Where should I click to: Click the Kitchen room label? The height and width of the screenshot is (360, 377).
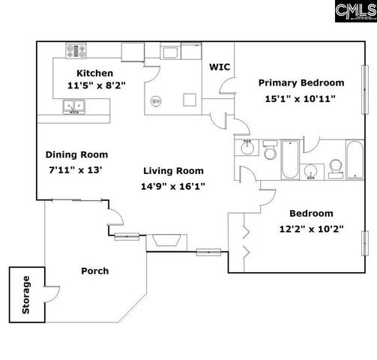pos(94,73)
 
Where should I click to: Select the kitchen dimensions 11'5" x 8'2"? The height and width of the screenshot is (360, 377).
pos(96,85)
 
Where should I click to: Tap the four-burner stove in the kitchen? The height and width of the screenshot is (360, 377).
pos(76,52)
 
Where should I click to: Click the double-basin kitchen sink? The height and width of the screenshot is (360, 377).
pos(76,107)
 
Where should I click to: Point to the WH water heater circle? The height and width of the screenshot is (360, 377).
pos(156,101)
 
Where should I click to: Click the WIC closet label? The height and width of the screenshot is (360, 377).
pos(220,67)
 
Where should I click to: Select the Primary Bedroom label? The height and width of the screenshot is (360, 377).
pos(301,82)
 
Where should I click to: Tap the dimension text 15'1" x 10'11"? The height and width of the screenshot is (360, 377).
pos(301,97)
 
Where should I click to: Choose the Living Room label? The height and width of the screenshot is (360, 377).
pos(173,170)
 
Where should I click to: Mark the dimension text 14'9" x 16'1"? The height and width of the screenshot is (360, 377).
pos(173,185)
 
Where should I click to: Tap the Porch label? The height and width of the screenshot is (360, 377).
pos(94,271)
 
